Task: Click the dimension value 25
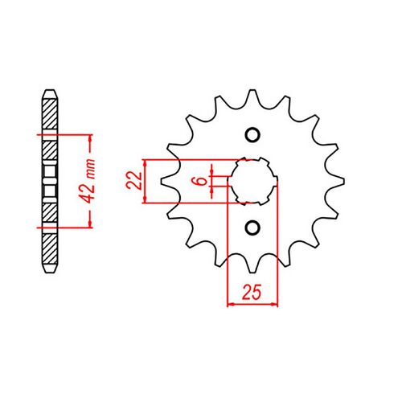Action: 252,293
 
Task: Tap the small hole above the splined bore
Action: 252,134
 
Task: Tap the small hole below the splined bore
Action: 252,227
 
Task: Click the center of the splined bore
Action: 252,180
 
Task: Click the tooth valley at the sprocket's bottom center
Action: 252,256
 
